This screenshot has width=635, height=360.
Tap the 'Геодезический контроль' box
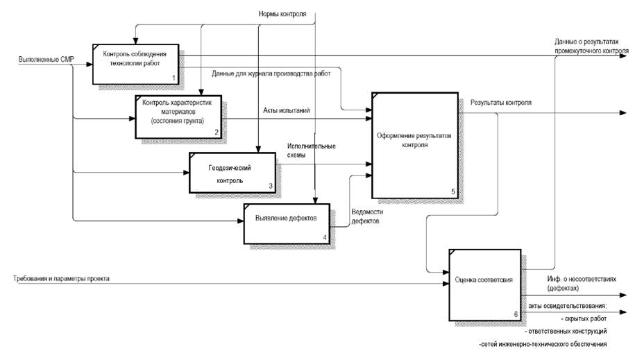pos(229,172)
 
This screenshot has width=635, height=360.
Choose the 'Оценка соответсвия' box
pos(484,280)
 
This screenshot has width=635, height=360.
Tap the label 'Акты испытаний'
pos(287,110)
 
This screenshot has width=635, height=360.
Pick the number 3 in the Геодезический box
pos(271,185)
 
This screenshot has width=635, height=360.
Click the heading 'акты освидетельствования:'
pos(568,306)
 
